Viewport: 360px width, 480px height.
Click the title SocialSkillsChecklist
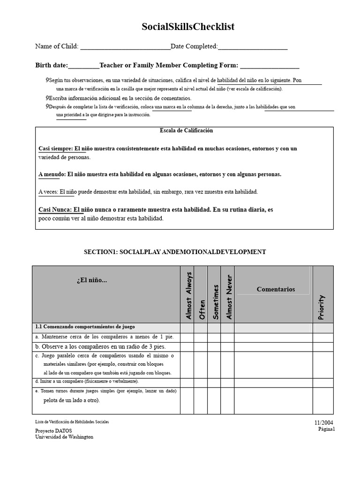[188, 27]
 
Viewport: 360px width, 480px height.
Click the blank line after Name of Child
[125, 47]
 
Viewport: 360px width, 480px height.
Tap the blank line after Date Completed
[253, 47]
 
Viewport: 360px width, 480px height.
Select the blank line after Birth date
[84, 66]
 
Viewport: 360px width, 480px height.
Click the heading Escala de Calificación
[186, 131]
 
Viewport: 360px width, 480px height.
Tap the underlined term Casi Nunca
[55, 210]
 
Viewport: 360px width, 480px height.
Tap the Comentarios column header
[276, 289]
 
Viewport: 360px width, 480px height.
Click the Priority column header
[321, 307]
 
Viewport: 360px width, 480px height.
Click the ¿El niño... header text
[92, 280]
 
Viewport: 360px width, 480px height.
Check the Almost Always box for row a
[187, 337]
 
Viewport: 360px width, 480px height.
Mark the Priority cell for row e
[323, 400]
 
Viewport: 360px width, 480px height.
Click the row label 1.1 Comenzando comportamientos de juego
[85, 327]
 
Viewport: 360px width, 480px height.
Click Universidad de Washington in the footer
[64, 437]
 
